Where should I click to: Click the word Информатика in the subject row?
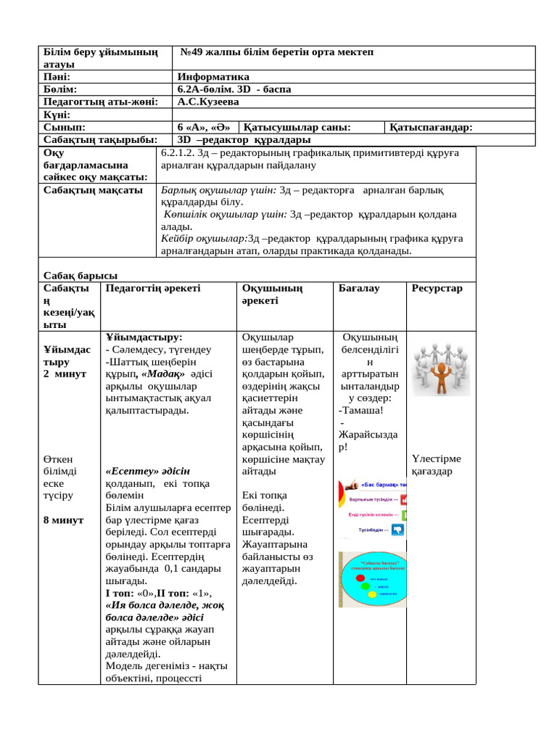[213, 77]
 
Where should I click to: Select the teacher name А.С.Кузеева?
[208, 102]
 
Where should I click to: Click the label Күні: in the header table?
[57, 115]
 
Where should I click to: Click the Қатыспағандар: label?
[431, 128]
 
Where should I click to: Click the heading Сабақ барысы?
[80, 276]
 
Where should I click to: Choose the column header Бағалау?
[359, 289]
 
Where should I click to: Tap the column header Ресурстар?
[437, 289]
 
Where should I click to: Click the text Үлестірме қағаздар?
[436, 465]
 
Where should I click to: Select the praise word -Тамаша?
[360, 411]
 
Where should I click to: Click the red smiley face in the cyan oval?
[372, 579]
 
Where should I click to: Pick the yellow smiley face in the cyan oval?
[372, 594]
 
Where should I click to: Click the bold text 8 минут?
[63, 520]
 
